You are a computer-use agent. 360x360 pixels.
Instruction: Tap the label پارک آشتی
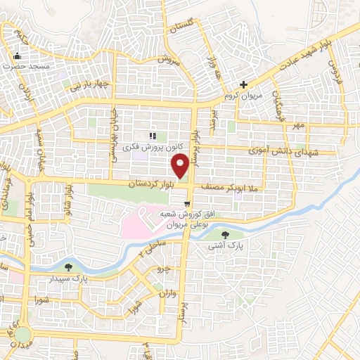tap(225, 247)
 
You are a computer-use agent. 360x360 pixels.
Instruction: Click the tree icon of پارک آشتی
tap(225, 235)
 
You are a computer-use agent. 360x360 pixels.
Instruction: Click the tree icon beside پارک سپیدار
tap(68, 267)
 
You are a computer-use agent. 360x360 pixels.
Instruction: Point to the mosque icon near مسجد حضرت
tap(18, 56)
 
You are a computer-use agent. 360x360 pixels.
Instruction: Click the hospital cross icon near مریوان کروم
tap(243, 84)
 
